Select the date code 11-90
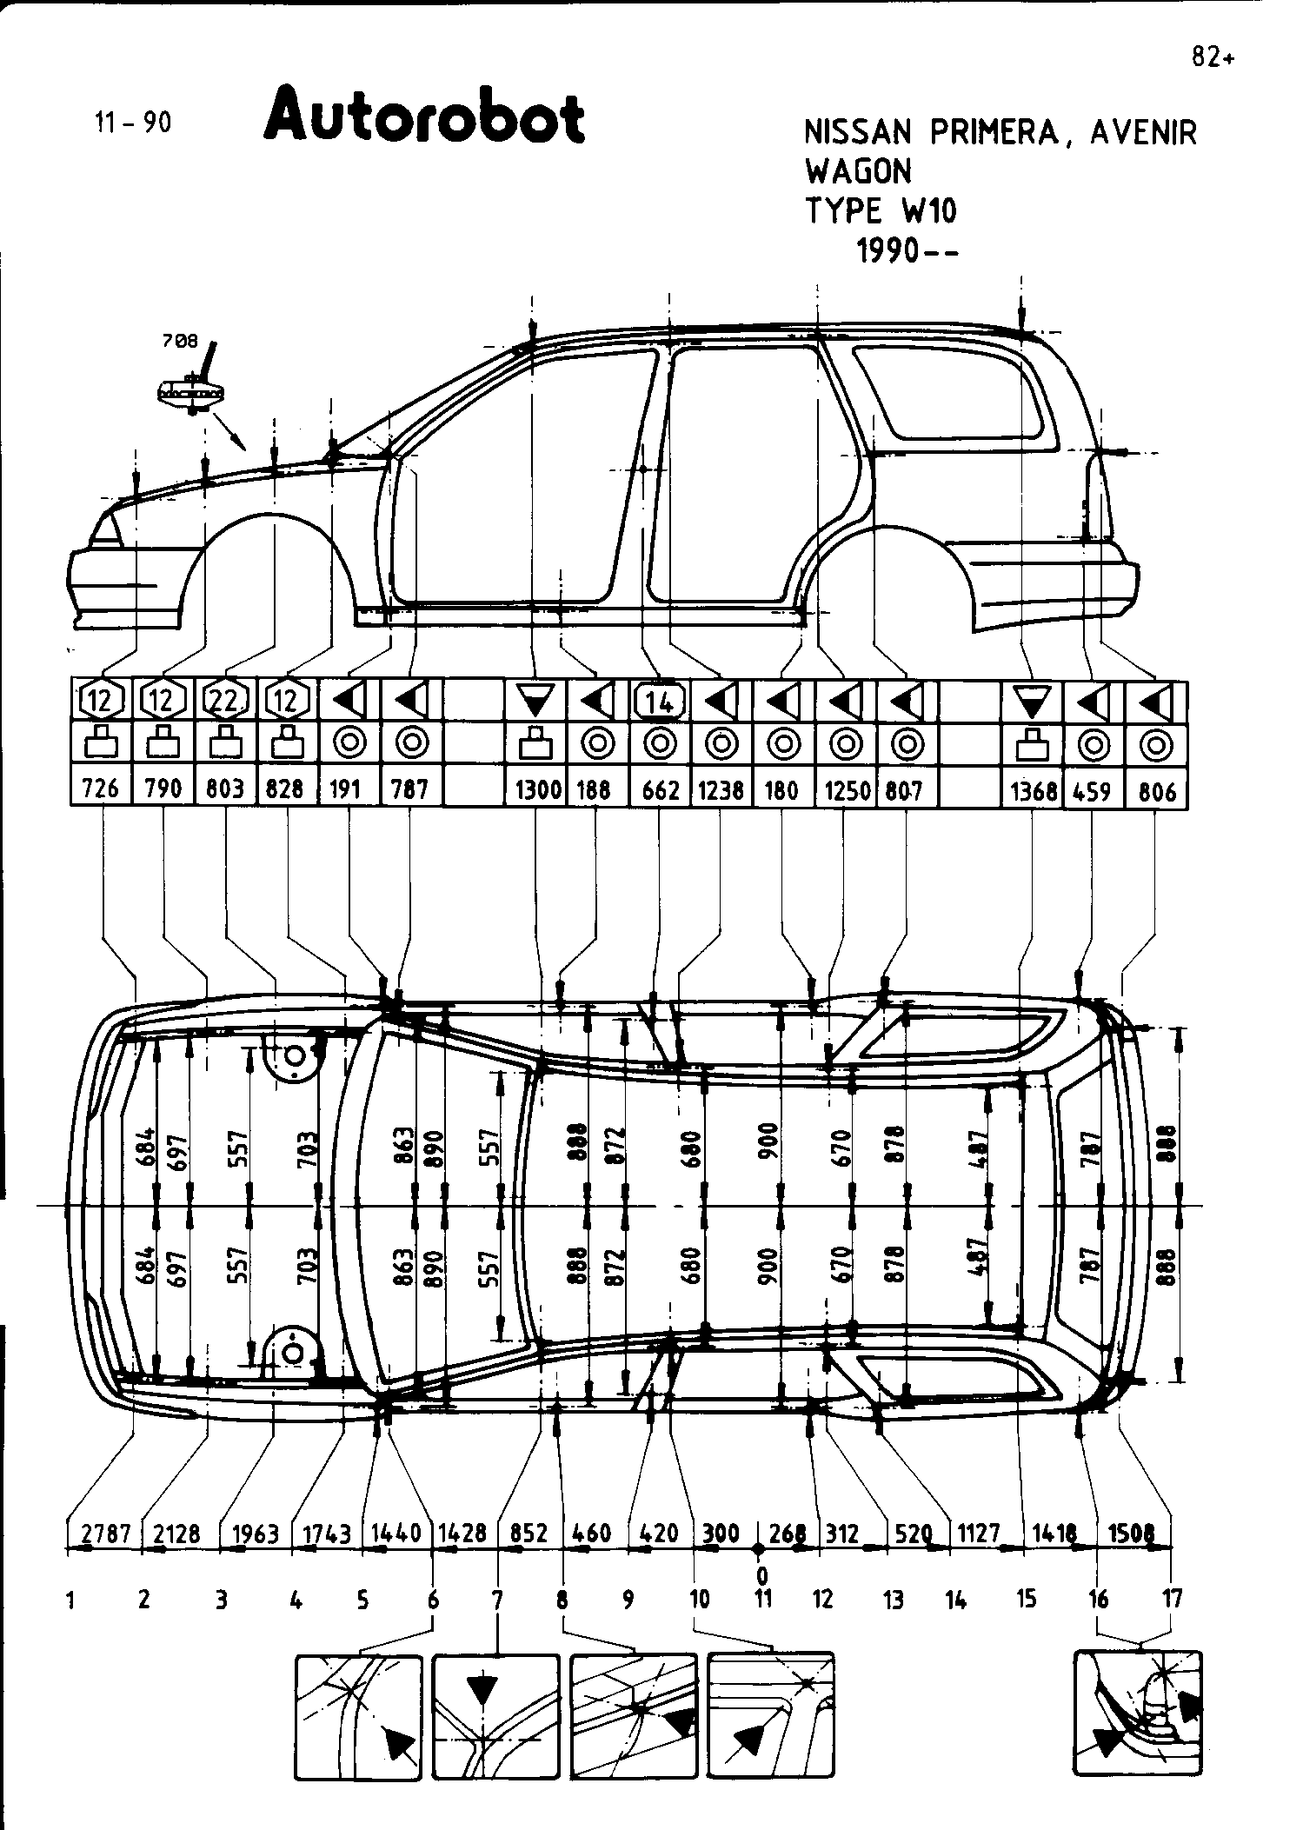coord(133,123)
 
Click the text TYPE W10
coord(881,211)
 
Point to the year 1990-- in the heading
coord(907,251)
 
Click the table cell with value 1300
coord(537,789)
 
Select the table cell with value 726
coord(100,789)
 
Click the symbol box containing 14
coord(661,700)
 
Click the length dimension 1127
coord(979,1534)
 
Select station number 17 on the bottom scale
coord(1172,1598)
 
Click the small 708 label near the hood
coord(180,342)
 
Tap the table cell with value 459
coord(1093,790)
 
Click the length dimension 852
coord(529,1534)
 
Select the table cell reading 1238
coord(721,789)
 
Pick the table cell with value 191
coord(349,789)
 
